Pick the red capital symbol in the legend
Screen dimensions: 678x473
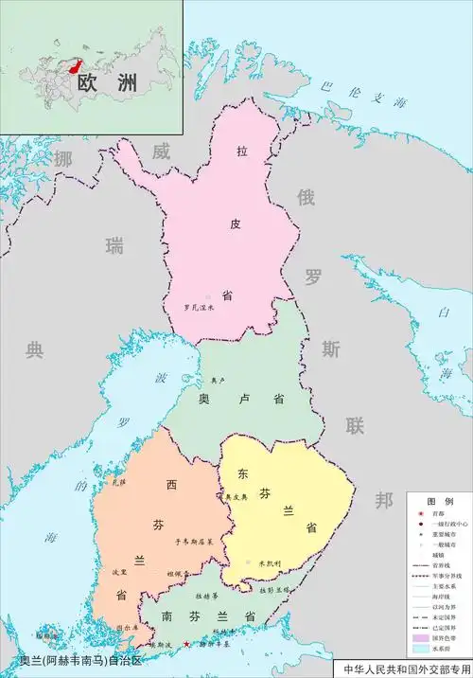[x=413, y=512]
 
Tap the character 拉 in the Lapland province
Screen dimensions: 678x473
[x=242, y=151]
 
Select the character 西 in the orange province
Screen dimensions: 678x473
[x=171, y=486]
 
